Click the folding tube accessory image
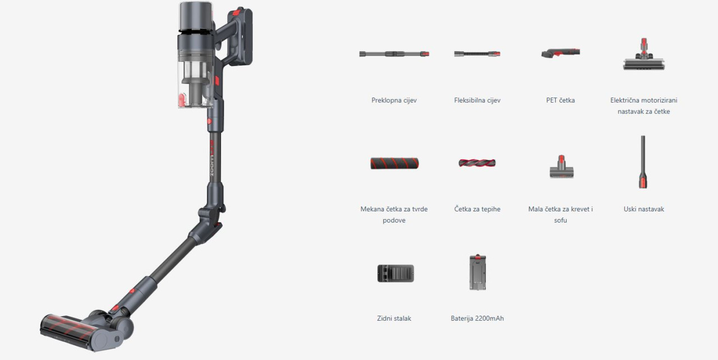point(394,54)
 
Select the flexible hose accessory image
point(477,54)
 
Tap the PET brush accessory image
point(560,53)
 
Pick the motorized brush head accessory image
point(643,54)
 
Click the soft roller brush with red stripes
point(394,163)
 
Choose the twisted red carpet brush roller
point(477,163)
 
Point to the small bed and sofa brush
point(561,167)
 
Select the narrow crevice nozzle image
point(643,161)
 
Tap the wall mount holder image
point(395,273)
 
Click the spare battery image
point(477,272)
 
